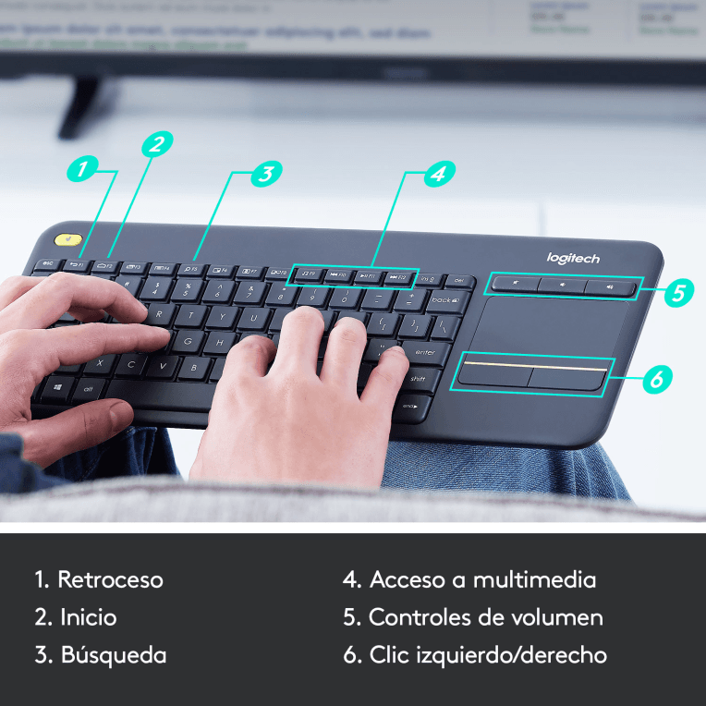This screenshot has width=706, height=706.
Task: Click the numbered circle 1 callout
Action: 83,170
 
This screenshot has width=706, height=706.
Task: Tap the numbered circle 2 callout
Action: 158,144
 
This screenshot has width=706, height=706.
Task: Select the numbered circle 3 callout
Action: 266,173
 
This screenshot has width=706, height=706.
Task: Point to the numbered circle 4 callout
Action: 440,173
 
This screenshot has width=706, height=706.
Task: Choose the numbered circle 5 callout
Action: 678,293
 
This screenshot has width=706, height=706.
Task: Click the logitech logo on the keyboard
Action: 573,259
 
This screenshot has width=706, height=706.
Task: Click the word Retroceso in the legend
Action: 110,580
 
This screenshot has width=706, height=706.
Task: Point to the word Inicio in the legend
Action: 89,617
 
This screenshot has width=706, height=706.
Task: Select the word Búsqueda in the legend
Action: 114,655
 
